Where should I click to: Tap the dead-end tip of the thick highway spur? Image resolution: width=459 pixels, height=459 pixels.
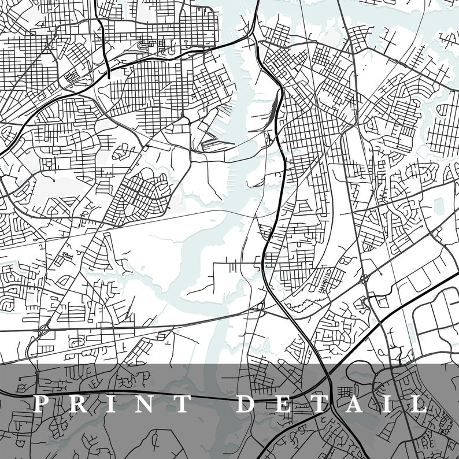(108, 76)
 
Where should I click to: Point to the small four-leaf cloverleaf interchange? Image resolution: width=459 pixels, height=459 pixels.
(365, 279)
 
